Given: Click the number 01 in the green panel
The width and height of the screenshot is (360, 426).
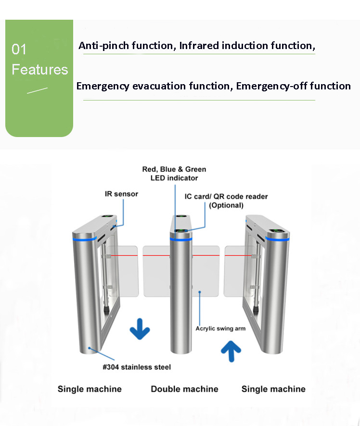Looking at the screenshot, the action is click(x=19, y=50).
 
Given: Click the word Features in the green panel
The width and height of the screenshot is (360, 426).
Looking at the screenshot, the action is click(x=39, y=70).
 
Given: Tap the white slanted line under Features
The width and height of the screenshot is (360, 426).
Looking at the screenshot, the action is click(x=37, y=90).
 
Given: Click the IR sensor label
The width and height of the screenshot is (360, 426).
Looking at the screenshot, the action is click(x=122, y=194).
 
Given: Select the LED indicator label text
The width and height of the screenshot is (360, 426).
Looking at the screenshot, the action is click(x=174, y=178).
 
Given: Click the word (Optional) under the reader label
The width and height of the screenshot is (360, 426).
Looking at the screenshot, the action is click(x=226, y=205).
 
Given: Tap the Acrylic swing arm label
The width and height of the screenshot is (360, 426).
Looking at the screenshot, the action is click(x=220, y=328).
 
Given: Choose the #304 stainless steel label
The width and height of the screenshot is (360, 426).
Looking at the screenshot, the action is click(x=137, y=367).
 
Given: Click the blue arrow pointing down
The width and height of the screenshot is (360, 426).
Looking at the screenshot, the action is click(x=140, y=329).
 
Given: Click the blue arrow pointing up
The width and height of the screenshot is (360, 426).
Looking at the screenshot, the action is click(x=231, y=351).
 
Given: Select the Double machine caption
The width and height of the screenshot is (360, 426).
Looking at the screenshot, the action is click(x=185, y=389).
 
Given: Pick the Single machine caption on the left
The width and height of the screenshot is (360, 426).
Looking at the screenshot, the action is click(x=90, y=389).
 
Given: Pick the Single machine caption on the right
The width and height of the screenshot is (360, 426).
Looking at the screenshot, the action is click(x=273, y=389).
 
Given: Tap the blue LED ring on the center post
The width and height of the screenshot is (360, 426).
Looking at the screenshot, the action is click(x=181, y=239).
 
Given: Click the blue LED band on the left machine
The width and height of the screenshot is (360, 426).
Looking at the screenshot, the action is click(x=85, y=239).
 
